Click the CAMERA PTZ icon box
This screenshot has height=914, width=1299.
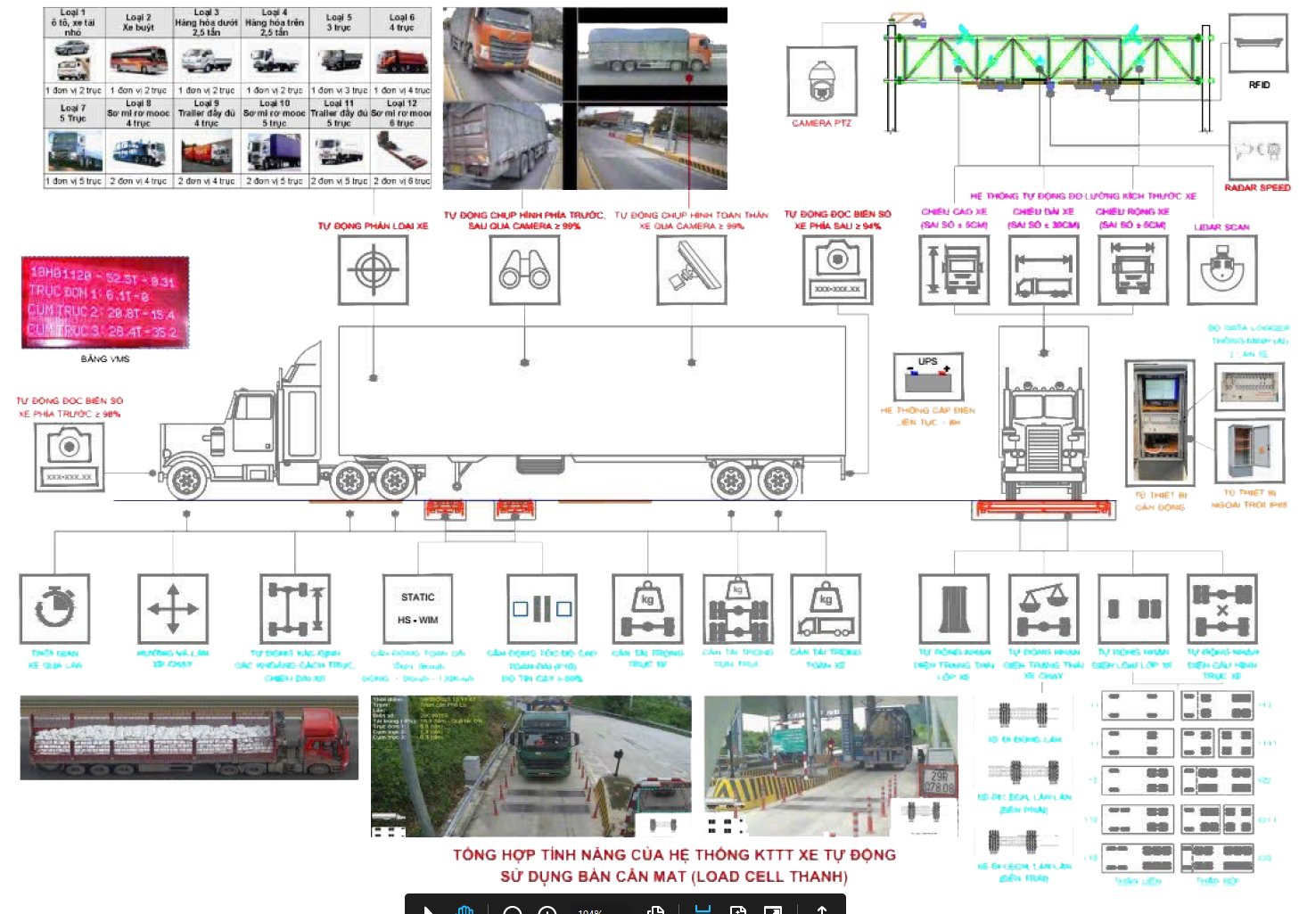(x=821, y=81)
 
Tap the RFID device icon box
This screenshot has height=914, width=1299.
(x=1258, y=43)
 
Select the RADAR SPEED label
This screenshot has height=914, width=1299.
(x=1257, y=188)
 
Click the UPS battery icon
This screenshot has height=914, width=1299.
(x=927, y=377)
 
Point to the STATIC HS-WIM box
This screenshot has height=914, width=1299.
(x=418, y=608)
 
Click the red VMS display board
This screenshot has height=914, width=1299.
(x=105, y=302)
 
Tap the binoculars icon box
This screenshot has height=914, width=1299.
(x=524, y=270)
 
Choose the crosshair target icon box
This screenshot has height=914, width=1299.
(x=374, y=270)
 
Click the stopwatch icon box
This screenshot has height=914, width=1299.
(x=55, y=608)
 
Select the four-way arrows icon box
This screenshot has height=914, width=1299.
(x=173, y=608)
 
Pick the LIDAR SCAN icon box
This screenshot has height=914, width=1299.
(x=1221, y=270)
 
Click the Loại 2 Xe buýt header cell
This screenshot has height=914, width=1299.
(x=138, y=22)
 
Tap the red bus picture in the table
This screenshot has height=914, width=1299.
(x=138, y=61)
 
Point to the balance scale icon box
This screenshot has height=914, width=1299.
(x=1043, y=608)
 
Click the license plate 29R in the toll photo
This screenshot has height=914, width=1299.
(x=939, y=781)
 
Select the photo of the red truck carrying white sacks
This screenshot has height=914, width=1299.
(x=189, y=738)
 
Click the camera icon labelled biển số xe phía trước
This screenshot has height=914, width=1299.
(x=70, y=457)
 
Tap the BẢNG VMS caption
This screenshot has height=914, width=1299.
(x=105, y=359)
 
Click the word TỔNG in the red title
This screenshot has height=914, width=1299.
(x=473, y=854)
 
